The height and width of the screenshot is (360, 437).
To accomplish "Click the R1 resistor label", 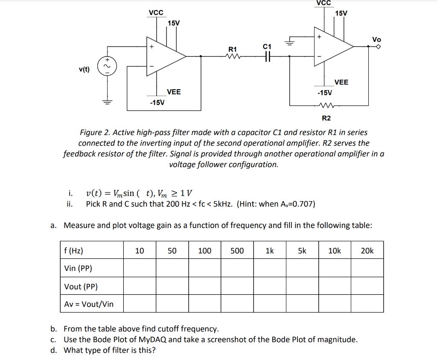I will coord(233,49).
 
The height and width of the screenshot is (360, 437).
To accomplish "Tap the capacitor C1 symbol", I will coord(267,56).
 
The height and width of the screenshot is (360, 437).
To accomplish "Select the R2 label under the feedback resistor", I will coord(326,118).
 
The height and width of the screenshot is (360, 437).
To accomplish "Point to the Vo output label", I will coord(376,39).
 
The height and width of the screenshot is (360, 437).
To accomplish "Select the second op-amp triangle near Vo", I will coord(333,47).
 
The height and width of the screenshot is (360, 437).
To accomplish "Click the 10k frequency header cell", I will coord(335,251).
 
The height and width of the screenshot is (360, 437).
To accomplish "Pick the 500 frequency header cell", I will coord(237,251).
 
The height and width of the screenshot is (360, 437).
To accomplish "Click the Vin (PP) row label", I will coord(78,268).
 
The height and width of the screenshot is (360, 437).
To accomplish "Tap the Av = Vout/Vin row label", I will coord(89,304).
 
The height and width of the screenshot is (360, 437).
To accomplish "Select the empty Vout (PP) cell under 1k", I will coord(270,286).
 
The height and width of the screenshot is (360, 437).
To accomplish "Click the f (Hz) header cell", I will coord(73,251).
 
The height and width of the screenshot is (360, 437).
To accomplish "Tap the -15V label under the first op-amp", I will coord(157,102).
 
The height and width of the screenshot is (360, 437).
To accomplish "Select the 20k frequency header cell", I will coord(367,251).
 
